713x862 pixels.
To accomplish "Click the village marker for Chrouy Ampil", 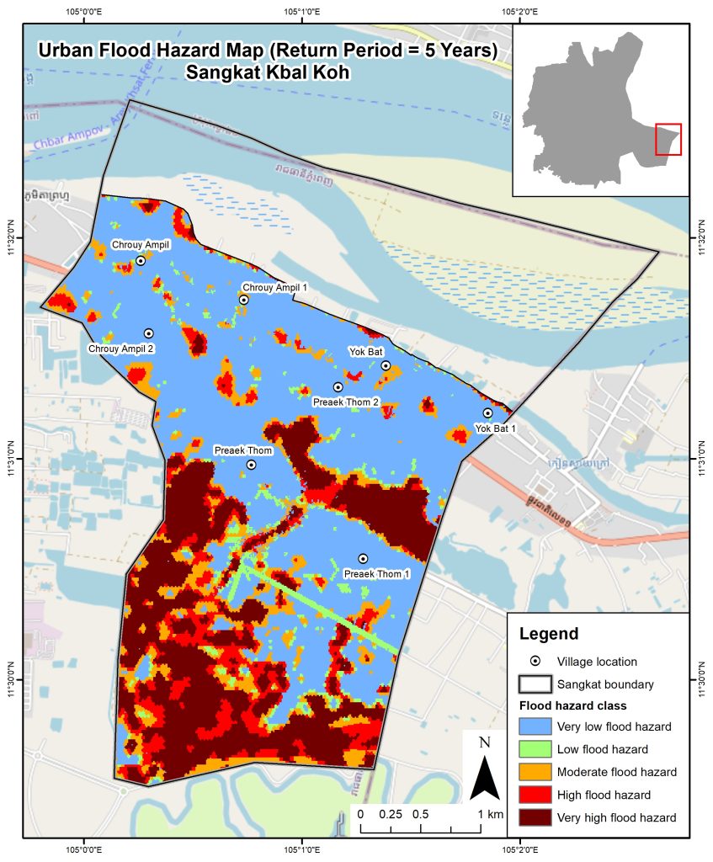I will tap(141, 261).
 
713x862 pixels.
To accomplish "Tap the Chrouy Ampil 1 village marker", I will tap(243, 300).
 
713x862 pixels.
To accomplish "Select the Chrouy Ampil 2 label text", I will tap(121, 349).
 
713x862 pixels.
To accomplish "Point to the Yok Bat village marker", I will tap(386, 365).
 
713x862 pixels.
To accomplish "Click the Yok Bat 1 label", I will tap(496, 428).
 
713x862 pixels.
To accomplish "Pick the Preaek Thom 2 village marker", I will tap(338, 387).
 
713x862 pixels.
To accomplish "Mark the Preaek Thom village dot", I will tap(251, 465).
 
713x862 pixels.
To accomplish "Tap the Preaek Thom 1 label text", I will tap(376, 574).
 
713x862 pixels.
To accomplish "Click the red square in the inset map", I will tap(668, 140).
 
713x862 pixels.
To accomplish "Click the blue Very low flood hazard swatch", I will tap(535, 726).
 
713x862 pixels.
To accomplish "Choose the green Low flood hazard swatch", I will tap(535, 749).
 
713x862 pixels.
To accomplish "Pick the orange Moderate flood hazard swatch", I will tap(535, 772).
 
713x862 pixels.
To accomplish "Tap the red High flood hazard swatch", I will tap(535, 795).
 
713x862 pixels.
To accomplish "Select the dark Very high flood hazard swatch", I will tap(535, 817).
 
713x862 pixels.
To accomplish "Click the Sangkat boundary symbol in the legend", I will tap(535, 684).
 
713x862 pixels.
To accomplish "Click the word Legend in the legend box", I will tap(549, 634).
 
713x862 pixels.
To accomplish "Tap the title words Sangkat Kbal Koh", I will tap(268, 72).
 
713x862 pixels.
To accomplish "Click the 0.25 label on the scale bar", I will tap(390, 815).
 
